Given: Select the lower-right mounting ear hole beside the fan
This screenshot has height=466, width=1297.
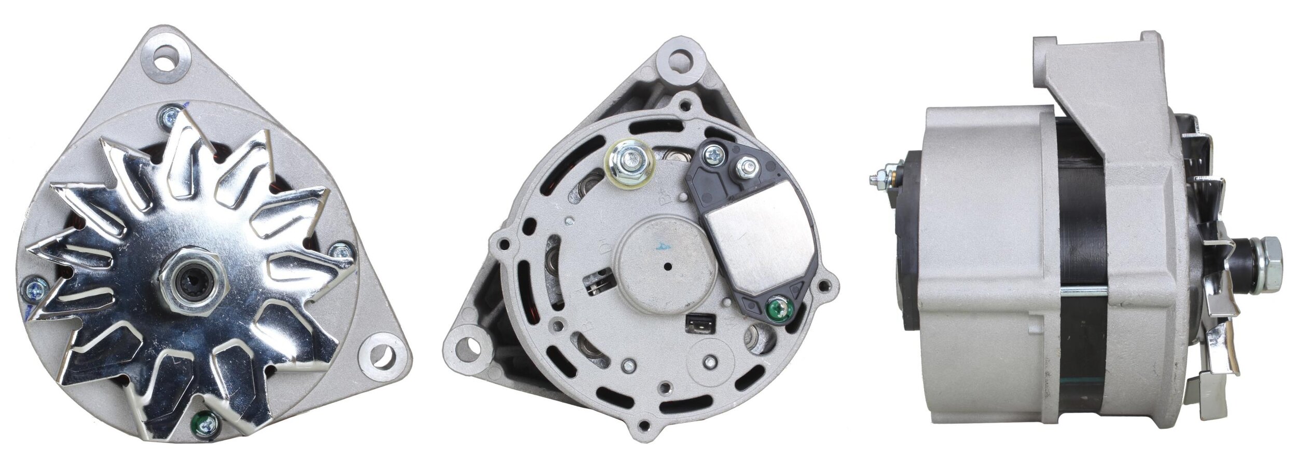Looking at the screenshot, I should (383, 354).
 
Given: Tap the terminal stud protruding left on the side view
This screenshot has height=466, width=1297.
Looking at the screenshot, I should (880, 179).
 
